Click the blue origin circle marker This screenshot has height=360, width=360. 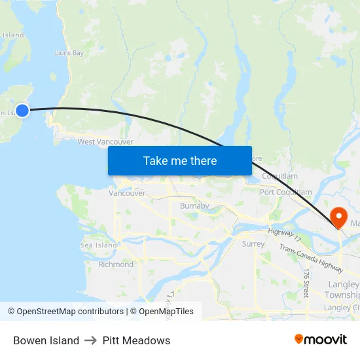pos(22,110)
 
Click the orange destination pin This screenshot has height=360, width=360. pos(339,217)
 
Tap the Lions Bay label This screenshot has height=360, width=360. pos(69,52)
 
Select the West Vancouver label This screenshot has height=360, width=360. pos(105,141)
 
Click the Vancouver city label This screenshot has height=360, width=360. pos(127,193)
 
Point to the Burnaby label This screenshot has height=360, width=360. pos(194,206)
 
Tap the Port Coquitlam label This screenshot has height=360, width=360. pos(285,192)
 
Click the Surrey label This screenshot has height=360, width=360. pos(253,244)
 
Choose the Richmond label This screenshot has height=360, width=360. pos(116,264)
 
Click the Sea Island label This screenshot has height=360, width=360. pos(98,245)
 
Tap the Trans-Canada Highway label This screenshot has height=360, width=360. pos(311,258)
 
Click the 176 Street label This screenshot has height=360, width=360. pos(306,283)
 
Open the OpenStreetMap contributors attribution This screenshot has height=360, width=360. pos(65,312)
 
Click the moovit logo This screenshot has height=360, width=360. pos(320,339)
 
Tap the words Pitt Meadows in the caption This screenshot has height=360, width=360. pos(136,340)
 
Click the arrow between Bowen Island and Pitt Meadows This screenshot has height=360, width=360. pos(91,340)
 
